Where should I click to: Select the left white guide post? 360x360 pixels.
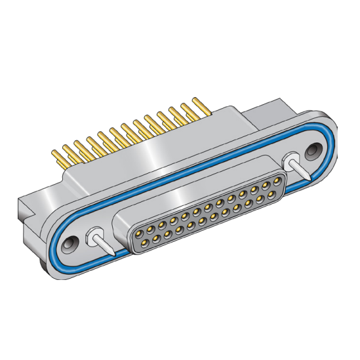coord(96,235)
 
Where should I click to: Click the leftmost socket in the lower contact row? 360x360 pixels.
coord(146,240)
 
